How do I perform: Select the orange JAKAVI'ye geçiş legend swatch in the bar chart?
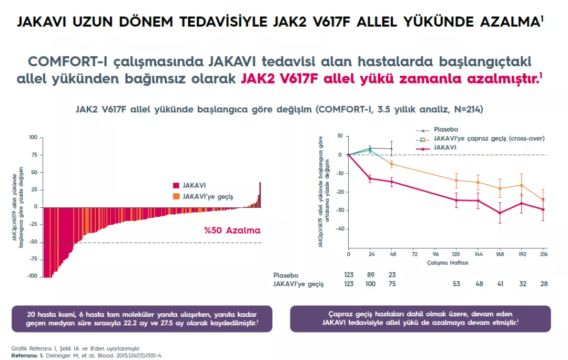pyautogui.click(x=176, y=196)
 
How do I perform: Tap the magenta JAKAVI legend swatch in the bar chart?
pyautogui.click(x=176, y=185)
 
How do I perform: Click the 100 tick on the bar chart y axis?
pyautogui.click(x=33, y=137)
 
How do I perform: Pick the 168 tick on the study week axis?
pyautogui.click(x=499, y=254)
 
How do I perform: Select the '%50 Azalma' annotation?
pyautogui.click(x=232, y=230)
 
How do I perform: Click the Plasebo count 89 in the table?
pyautogui.click(x=371, y=275)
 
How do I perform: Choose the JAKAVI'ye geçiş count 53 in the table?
pyautogui.click(x=456, y=284)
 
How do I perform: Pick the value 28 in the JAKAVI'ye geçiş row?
pyautogui.click(x=543, y=284)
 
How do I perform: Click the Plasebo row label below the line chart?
pyautogui.click(x=286, y=275)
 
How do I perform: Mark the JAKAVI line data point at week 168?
pyautogui.click(x=500, y=213)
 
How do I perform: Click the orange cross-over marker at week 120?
pyautogui.click(x=456, y=181)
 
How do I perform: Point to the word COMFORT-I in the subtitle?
pyautogui.click(x=66, y=61)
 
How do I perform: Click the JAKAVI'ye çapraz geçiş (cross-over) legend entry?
pyautogui.click(x=489, y=138)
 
